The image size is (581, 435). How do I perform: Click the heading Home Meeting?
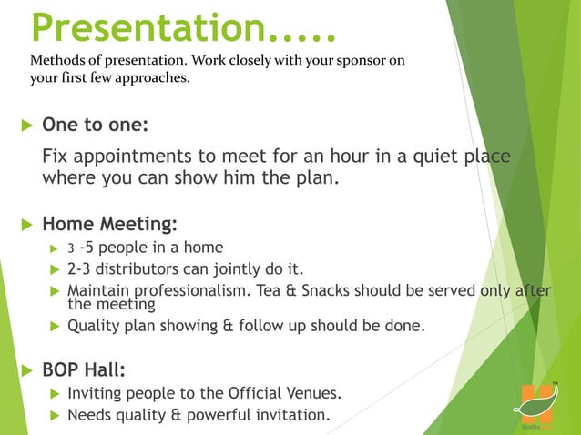pos(109,224)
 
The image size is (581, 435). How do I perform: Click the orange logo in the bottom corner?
pos(532,401)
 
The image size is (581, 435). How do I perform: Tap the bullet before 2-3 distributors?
pos(53,270)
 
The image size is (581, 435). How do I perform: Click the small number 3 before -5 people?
pos(71,248)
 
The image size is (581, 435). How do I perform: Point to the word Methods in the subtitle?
pos(55,61)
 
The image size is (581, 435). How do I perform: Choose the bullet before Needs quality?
pos(53,417)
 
